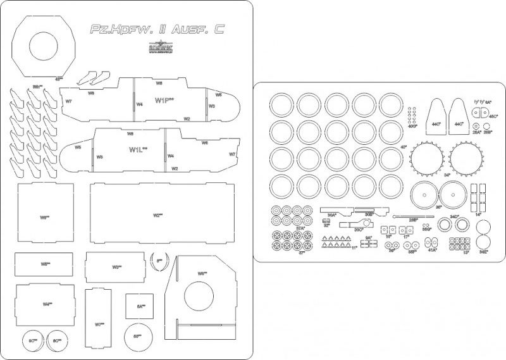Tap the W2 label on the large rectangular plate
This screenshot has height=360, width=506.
click(x=157, y=216)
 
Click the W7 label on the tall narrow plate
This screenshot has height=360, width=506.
click(x=99, y=325)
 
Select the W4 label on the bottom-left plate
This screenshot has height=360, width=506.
click(x=47, y=304)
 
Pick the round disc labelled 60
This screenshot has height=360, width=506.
click(x=137, y=336)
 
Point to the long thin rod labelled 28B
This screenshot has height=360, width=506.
click(x=413, y=220)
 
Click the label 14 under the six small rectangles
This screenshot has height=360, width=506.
click(x=479, y=214)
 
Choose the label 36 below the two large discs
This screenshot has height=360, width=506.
click(x=438, y=207)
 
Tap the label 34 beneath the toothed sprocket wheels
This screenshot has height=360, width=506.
click(x=447, y=175)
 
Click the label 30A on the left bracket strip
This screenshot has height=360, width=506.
click(x=331, y=215)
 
